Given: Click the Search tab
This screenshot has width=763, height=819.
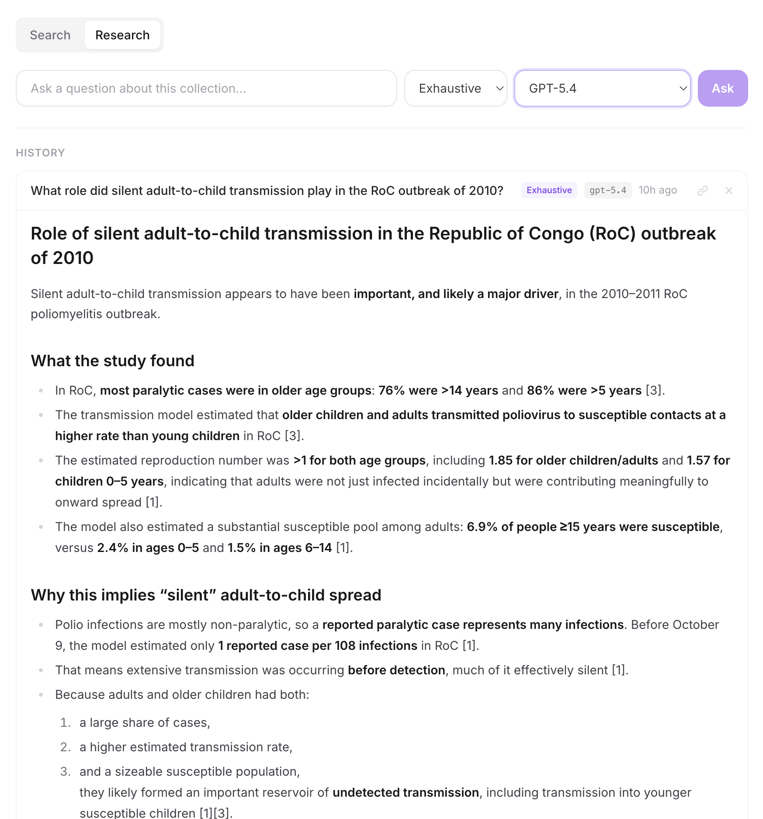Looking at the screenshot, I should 50,35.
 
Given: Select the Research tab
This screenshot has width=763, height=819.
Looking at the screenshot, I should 122,35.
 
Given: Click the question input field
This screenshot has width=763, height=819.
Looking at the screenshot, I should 206,88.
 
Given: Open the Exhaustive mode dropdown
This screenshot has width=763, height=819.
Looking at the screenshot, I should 455,88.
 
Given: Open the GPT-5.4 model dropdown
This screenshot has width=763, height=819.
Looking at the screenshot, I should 602,88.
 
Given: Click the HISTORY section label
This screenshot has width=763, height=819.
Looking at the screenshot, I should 40,153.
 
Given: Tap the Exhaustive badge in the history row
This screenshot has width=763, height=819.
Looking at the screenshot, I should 549,190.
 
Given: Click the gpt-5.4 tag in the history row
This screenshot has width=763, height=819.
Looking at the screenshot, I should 607,190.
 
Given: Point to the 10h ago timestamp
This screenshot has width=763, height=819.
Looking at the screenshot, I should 657,190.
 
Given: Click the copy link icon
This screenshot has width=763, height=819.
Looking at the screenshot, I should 702,190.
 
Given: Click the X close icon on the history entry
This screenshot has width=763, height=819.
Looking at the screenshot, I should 728,190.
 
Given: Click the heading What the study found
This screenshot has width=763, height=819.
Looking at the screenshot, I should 112,361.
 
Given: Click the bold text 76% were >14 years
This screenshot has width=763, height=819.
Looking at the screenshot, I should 438,390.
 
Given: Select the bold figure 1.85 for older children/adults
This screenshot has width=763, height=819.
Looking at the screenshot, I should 573,460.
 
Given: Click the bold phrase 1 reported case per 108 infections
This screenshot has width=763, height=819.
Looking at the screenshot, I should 318,645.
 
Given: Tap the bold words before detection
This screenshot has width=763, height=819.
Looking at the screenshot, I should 396,670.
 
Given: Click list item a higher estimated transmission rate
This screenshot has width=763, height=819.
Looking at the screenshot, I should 186,747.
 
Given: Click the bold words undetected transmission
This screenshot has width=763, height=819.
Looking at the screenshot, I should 406,792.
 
